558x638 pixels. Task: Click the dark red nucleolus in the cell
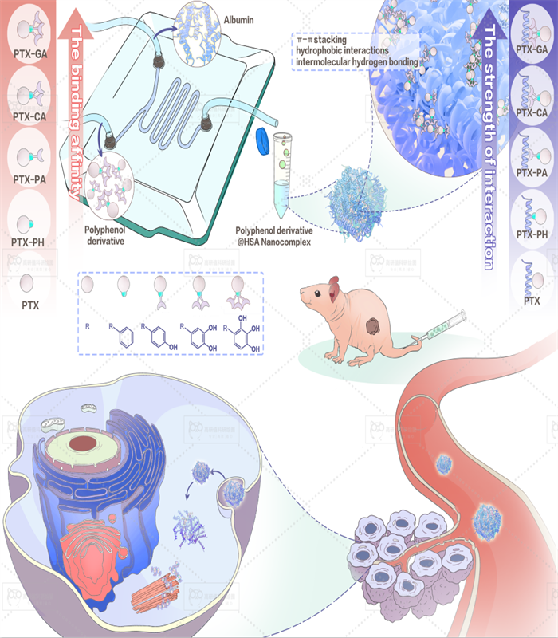coord(82,443)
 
